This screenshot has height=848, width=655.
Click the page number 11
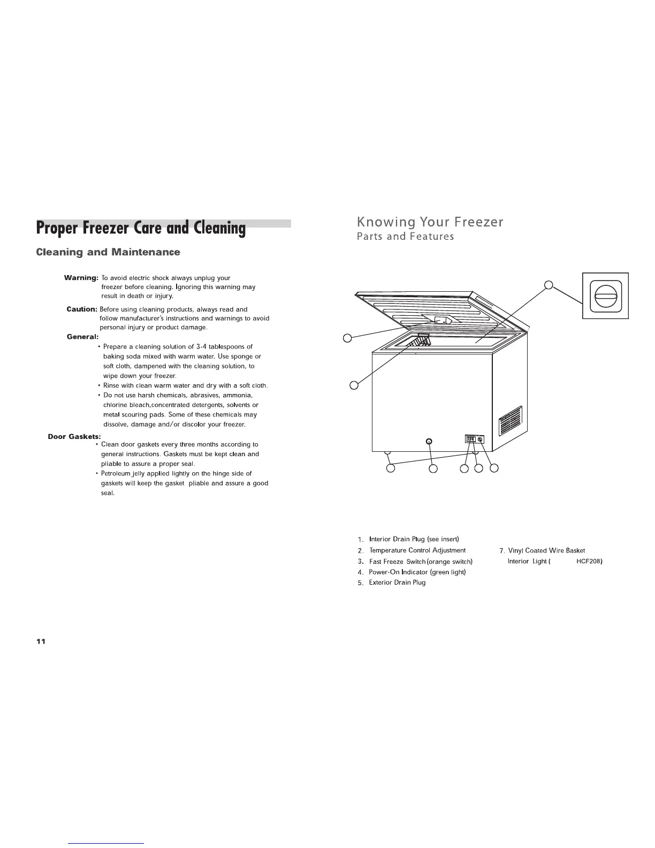(x=41, y=642)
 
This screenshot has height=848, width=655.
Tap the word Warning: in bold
(x=81, y=278)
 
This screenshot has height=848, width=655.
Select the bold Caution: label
(x=82, y=309)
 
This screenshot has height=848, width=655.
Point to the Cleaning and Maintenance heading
(x=108, y=252)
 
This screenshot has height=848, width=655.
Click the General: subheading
(x=83, y=337)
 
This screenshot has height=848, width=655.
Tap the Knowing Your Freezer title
(x=430, y=222)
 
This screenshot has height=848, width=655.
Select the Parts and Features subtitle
(x=405, y=237)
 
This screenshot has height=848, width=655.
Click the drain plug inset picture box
(x=605, y=296)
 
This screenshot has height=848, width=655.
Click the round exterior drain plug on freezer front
(x=429, y=441)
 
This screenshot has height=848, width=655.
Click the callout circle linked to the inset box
(x=548, y=285)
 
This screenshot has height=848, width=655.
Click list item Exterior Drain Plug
(x=397, y=582)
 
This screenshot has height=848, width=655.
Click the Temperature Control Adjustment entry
(x=417, y=550)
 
